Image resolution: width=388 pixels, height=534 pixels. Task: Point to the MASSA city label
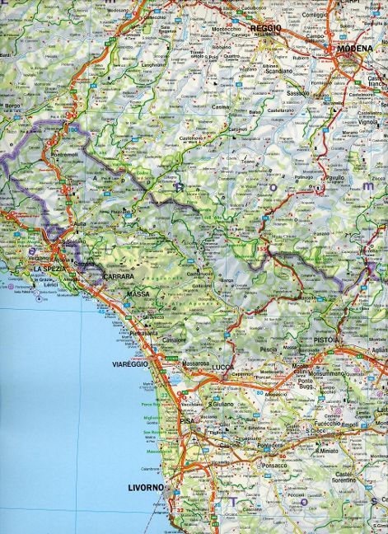click(x=138, y=293)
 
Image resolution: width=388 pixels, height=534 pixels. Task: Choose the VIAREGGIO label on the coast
click(x=129, y=363)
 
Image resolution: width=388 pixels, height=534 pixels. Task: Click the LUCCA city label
click(x=222, y=366)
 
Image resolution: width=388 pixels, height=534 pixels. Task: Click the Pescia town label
click(x=268, y=349)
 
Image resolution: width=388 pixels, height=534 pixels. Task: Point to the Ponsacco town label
click(x=277, y=465)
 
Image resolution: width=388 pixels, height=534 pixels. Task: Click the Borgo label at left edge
click(x=12, y=106)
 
